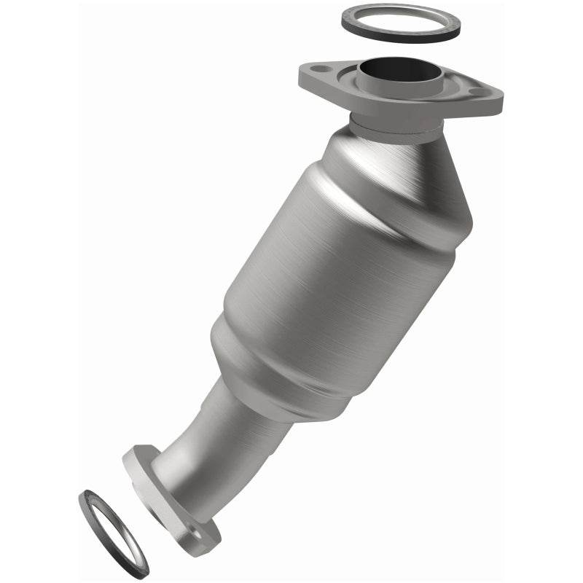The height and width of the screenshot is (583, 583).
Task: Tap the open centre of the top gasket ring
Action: coord(401,20)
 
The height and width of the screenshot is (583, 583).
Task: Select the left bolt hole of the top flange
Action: coord(318,70)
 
